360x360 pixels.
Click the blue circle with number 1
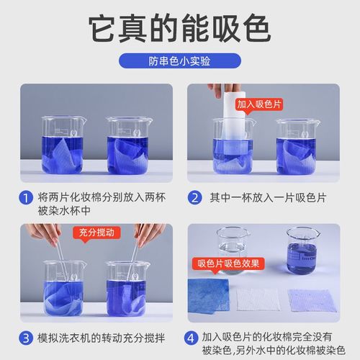tap(26, 197)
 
